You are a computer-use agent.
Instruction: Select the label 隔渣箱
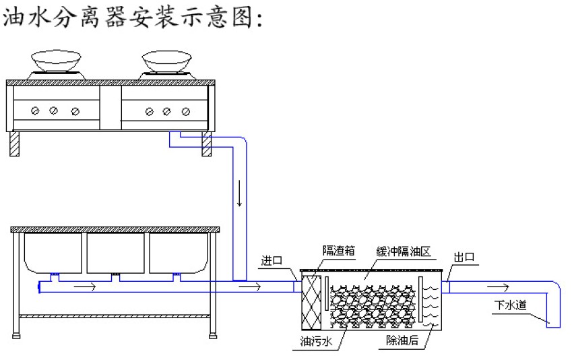(338, 251)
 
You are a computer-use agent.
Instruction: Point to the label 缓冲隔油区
(404, 251)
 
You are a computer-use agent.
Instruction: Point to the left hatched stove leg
(14, 144)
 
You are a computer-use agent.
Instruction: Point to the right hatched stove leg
(207, 144)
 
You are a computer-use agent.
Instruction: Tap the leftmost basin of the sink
(53, 252)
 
